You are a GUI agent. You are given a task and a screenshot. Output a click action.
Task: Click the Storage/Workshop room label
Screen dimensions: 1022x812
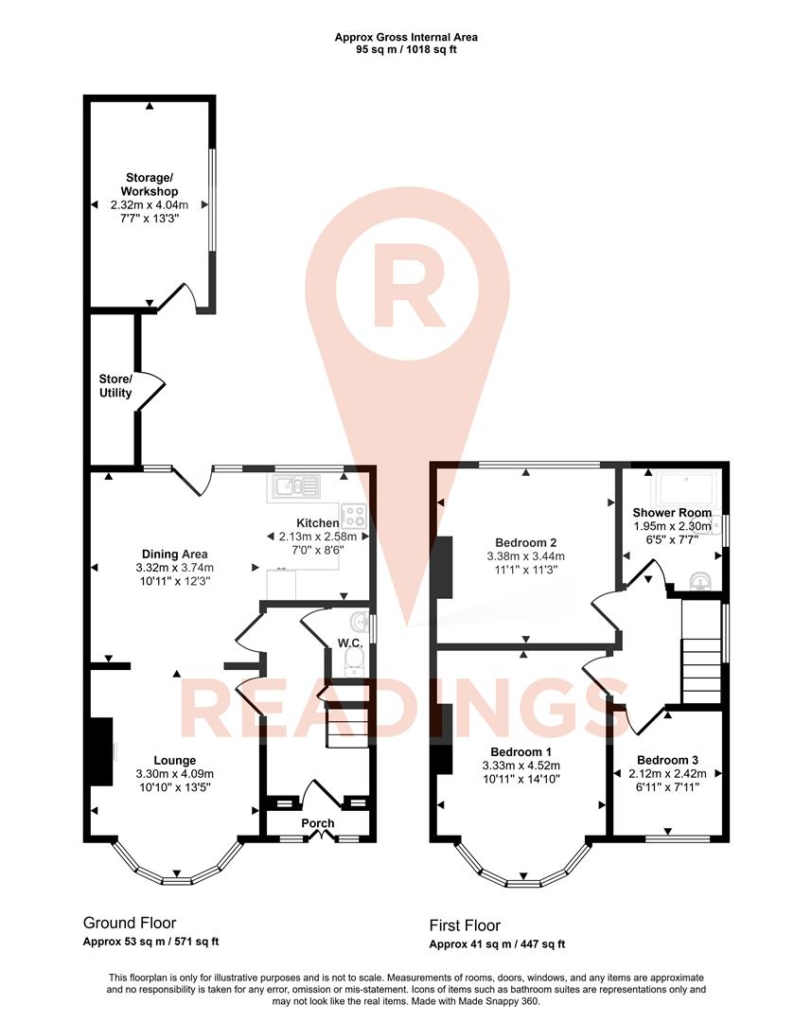[x=150, y=185]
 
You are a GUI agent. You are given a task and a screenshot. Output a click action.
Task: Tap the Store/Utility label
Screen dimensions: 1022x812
[x=115, y=386]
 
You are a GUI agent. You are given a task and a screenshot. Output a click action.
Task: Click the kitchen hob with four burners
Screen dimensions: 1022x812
[x=354, y=516]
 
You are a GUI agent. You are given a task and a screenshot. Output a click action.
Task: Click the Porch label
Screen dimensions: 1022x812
[x=318, y=823]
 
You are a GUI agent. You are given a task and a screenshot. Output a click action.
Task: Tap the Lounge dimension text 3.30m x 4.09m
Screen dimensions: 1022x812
[x=175, y=773]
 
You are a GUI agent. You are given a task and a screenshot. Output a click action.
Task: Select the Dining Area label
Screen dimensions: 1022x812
[x=174, y=555]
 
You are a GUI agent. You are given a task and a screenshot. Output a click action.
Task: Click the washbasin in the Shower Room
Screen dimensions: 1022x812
[x=700, y=579]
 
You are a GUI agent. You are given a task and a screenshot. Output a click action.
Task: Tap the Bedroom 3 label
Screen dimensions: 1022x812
[x=667, y=760]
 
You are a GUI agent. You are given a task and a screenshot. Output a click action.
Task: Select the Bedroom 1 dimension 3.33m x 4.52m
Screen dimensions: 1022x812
[x=522, y=766]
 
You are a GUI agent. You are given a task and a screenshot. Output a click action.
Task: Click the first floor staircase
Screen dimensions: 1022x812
[x=701, y=653]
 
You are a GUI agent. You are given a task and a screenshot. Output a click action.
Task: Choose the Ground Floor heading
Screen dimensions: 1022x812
[x=130, y=923]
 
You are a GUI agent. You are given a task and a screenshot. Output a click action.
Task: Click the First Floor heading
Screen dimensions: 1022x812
[x=465, y=925]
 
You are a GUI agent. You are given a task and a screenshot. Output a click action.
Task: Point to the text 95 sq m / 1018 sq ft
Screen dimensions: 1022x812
[x=406, y=49]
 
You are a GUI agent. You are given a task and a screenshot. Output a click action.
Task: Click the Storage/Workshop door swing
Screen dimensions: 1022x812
[x=181, y=296]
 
